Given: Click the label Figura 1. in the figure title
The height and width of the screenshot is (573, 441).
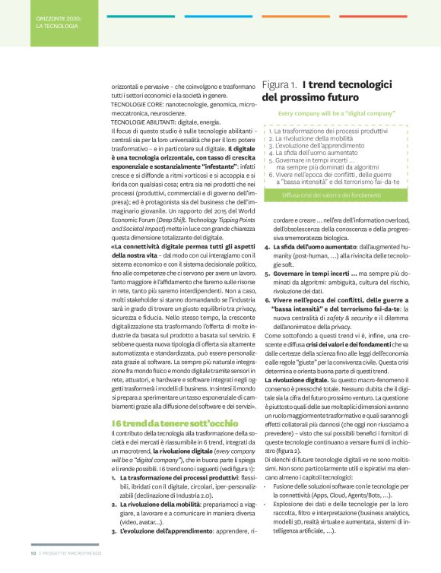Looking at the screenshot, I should [279, 86].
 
